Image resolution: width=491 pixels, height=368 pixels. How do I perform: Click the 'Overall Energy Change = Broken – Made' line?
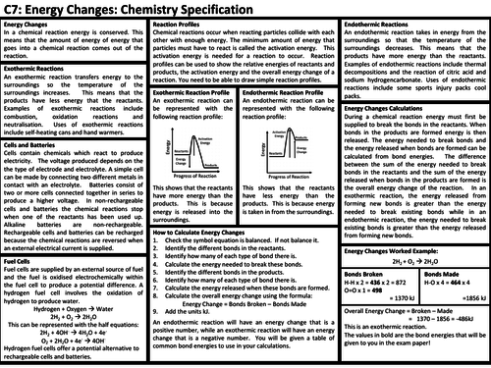[399, 335]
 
